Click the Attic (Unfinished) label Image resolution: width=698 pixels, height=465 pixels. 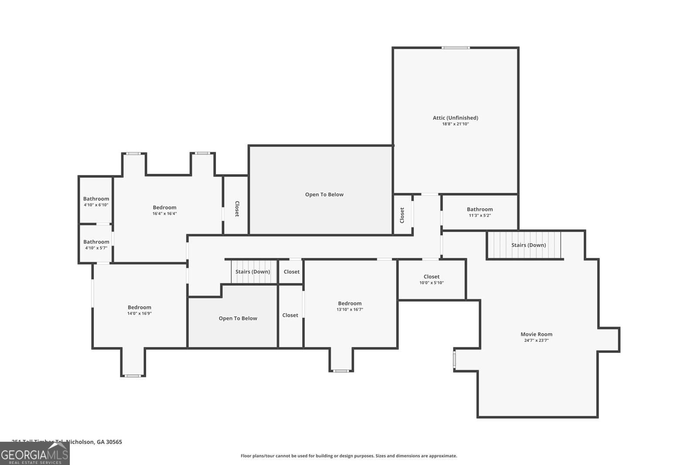coord(455,118)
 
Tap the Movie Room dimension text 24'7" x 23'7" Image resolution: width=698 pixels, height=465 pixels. coord(536,340)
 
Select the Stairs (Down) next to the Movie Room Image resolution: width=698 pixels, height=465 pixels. coord(528,245)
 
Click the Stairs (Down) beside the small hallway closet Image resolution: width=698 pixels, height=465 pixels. coord(253,272)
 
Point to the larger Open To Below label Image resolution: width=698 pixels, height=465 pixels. coord(324,194)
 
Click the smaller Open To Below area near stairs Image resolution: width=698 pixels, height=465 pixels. coord(238,318)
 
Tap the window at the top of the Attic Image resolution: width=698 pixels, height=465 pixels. coord(455,48)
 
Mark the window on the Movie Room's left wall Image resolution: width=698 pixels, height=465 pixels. coord(454,360)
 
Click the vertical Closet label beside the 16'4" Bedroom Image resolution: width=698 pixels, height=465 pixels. coord(237,208)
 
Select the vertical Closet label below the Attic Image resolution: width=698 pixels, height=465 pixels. coord(402,215)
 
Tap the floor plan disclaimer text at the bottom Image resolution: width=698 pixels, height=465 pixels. coord(349,456)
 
